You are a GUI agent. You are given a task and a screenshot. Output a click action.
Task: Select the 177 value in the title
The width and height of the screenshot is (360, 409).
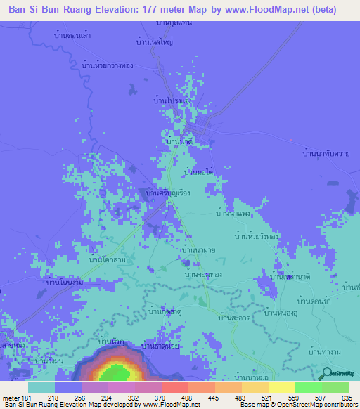pyautogui.click(x=160, y=10)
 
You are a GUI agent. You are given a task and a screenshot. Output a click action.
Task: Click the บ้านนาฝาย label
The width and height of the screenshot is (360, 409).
pyautogui.click(x=198, y=249)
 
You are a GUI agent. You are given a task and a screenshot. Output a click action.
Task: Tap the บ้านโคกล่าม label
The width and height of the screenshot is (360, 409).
pyautogui.click(x=106, y=260)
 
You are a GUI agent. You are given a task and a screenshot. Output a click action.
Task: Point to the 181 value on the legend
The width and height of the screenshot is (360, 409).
pyautogui.click(x=28, y=398)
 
